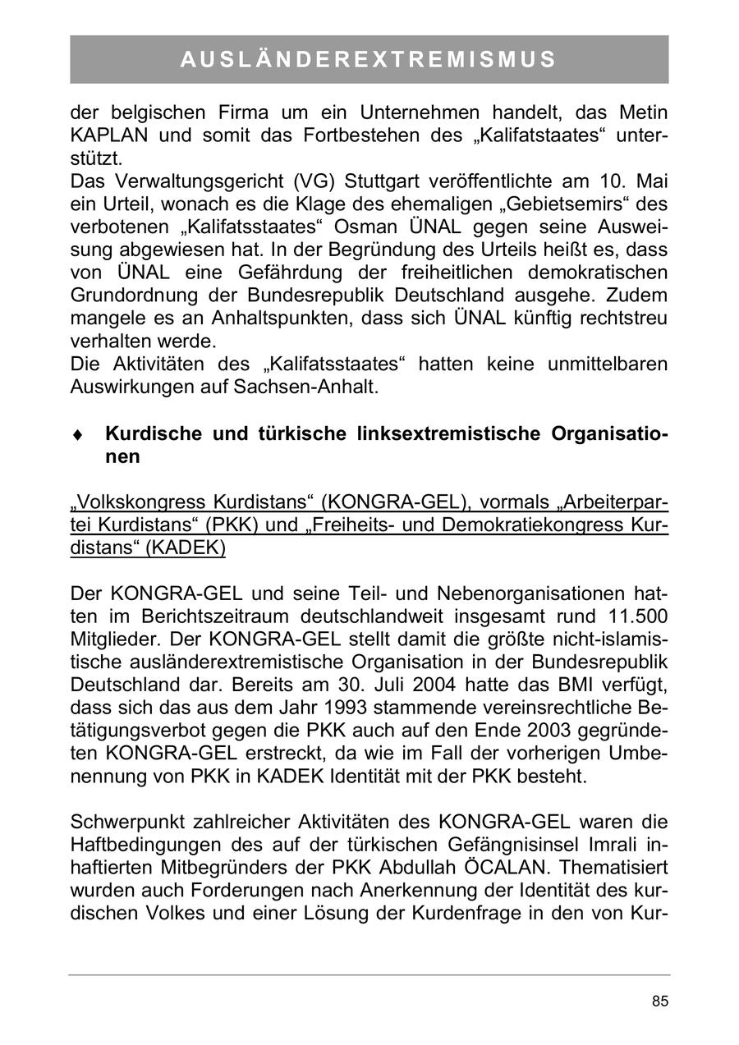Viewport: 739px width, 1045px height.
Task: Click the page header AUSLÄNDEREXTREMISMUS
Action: click(x=369, y=60)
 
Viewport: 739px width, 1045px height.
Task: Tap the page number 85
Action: click(x=660, y=1001)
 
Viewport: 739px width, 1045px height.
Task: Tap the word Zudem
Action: click(x=637, y=295)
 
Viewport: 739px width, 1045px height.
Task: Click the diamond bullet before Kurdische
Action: click(x=76, y=435)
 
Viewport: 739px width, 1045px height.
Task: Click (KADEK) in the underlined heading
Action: click(x=186, y=547)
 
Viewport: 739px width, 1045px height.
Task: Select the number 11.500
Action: click(x=633, y=616)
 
